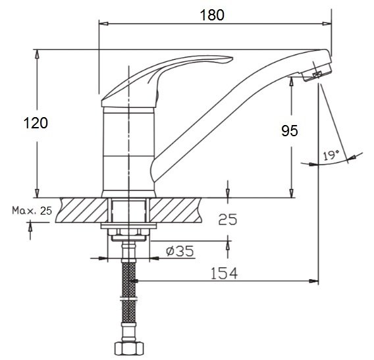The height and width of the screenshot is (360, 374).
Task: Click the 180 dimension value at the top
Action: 212,15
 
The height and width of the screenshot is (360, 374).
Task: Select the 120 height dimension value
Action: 36,123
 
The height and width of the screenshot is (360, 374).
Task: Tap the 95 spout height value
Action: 290,131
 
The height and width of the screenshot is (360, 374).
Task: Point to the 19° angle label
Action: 331,155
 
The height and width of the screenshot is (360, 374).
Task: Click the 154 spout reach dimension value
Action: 225,273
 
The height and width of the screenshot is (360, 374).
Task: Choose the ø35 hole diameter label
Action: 180,251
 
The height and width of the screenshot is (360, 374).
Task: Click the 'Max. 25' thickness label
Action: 32,211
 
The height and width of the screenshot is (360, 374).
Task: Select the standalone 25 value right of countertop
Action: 228,219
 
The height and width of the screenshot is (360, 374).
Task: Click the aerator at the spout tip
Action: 317,72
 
